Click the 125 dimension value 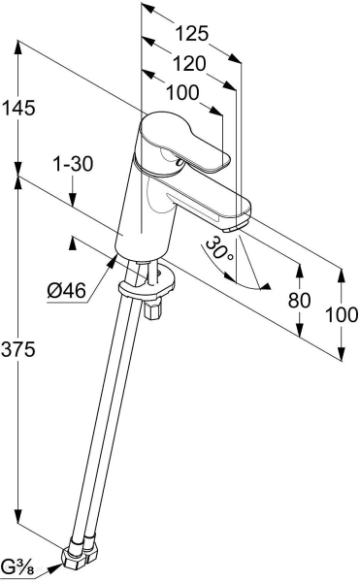tap(191, 34)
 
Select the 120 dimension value tap(189, 64)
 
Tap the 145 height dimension tap(18, 108)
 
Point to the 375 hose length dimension tap(18, 349)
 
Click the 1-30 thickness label tap(73, 164)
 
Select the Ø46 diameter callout tap(67, 290)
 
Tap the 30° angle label tap(219, 248)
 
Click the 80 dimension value tap(299, 300)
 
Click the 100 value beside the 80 tap(342, 314)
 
